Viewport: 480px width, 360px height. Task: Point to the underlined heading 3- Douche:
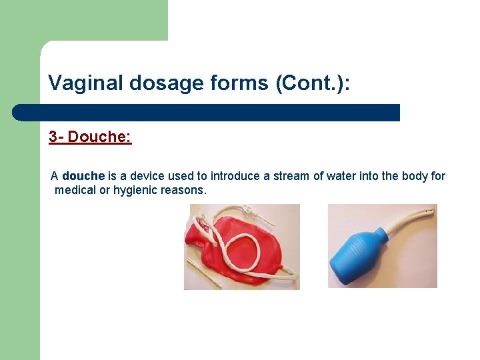pos(90,137)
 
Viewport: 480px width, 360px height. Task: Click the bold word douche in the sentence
pos(83,176)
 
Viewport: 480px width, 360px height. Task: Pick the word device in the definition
pos(146,176)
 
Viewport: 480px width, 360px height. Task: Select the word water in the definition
pos(340,176)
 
